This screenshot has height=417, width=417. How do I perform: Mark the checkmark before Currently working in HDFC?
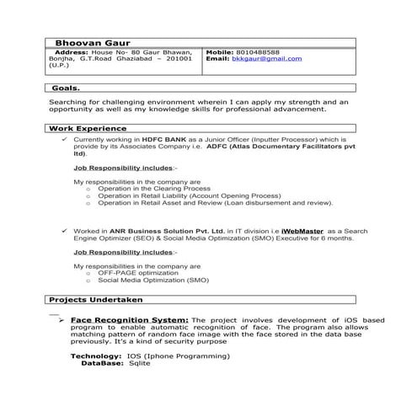click(63, 140)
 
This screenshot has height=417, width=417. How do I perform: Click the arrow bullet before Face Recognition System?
click(61, 321)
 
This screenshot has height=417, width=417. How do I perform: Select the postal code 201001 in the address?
click(181, 59)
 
